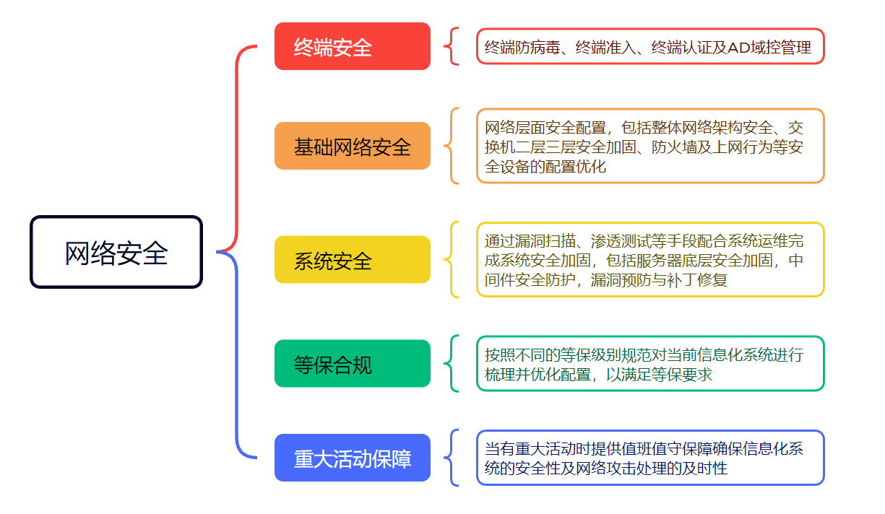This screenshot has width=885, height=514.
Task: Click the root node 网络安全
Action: click(116, 252)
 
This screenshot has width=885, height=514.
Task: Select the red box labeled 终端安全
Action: click(353, 46)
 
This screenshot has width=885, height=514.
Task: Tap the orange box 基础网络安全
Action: click(353, 146)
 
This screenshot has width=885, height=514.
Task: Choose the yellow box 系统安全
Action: click(353, 259)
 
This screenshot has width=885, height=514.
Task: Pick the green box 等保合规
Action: click(353, 363)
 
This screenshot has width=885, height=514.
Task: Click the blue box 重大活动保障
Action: click(353, 458)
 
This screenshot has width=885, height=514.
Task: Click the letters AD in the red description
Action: click(739, 48)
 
